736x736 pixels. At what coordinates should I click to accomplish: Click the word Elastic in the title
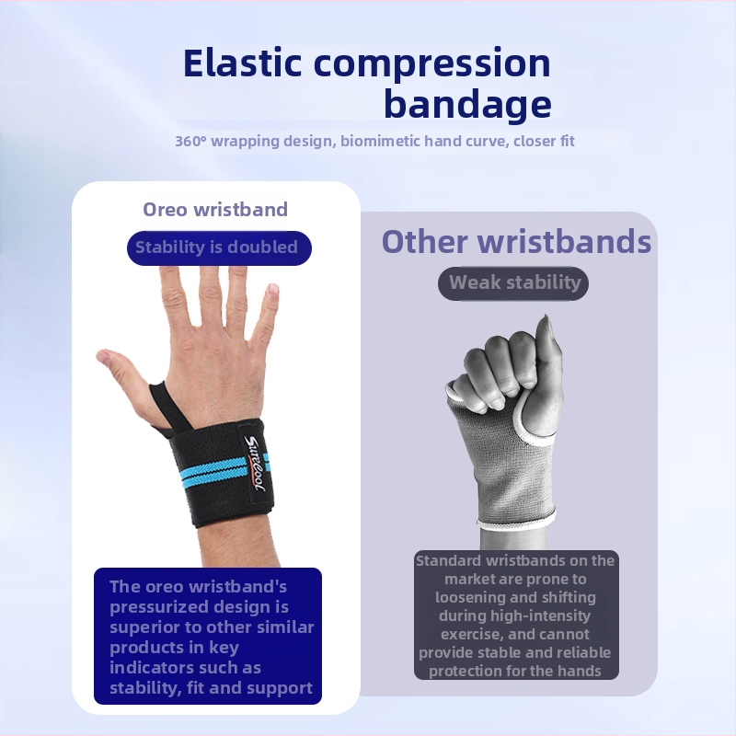click(242, 63)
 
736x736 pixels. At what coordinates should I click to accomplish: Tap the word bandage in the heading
click(467, 104)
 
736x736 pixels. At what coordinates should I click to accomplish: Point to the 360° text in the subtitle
click(190, 141)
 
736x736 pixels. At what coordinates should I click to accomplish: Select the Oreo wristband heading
click(215, 210)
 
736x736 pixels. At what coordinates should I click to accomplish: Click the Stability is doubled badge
click(219, 247)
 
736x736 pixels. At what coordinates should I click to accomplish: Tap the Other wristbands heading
click(516, 242)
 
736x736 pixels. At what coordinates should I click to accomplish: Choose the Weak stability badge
click(513, 283)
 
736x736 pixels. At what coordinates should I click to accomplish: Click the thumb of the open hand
click(124, 373)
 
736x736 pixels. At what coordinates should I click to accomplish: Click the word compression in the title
click(431, 64)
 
